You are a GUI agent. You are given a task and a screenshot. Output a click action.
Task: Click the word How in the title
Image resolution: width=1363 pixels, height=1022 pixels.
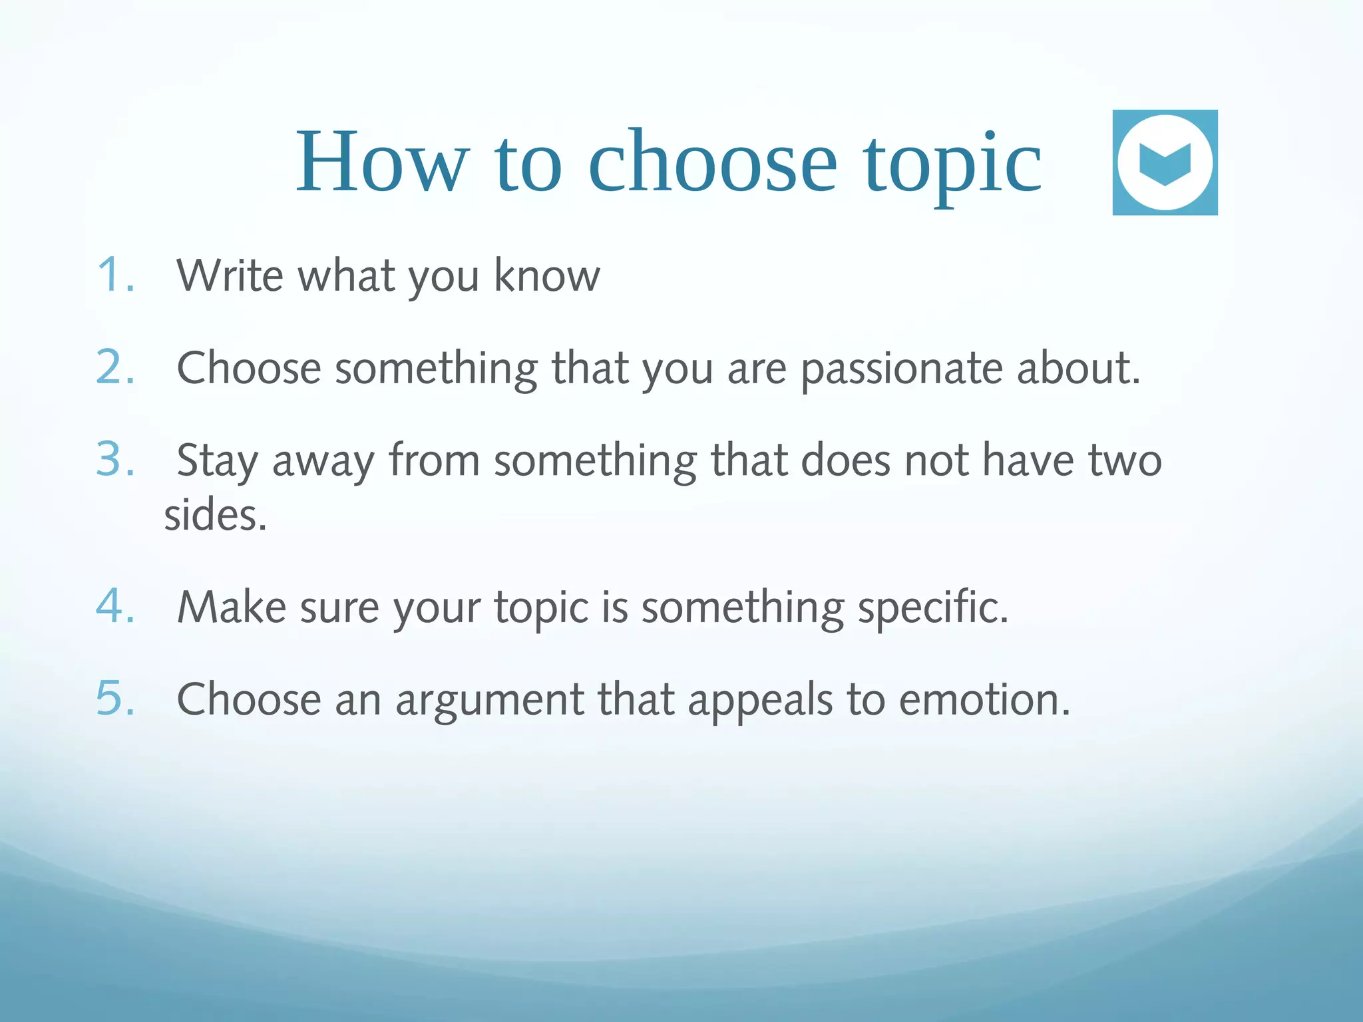point(382,162)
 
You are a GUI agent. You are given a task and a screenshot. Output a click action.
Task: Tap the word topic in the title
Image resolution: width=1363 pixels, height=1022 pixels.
point(952,164)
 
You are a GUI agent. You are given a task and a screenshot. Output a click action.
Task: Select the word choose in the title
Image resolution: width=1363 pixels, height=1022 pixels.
point(712,162)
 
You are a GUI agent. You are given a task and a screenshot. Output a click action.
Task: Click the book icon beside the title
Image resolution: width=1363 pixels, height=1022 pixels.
point(1165,162)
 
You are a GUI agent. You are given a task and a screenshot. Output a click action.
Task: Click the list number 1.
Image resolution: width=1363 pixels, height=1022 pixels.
point(114,275)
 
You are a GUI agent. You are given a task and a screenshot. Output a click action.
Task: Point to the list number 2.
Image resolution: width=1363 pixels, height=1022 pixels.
point(114,367)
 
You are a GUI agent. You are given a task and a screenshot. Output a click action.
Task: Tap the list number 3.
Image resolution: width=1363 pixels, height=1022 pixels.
point(114,459)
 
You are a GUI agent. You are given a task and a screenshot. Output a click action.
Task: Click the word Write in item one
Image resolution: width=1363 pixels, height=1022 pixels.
point(230,275)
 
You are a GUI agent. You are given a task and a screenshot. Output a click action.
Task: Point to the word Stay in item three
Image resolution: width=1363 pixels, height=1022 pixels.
point(218,461)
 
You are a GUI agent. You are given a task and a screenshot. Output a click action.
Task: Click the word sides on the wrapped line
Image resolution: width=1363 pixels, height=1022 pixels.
point(214,516)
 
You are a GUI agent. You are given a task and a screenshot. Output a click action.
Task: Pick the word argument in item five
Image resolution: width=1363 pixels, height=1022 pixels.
point(489,701)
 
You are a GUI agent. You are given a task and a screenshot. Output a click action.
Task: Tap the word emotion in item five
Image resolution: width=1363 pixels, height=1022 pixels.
point(984,700)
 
